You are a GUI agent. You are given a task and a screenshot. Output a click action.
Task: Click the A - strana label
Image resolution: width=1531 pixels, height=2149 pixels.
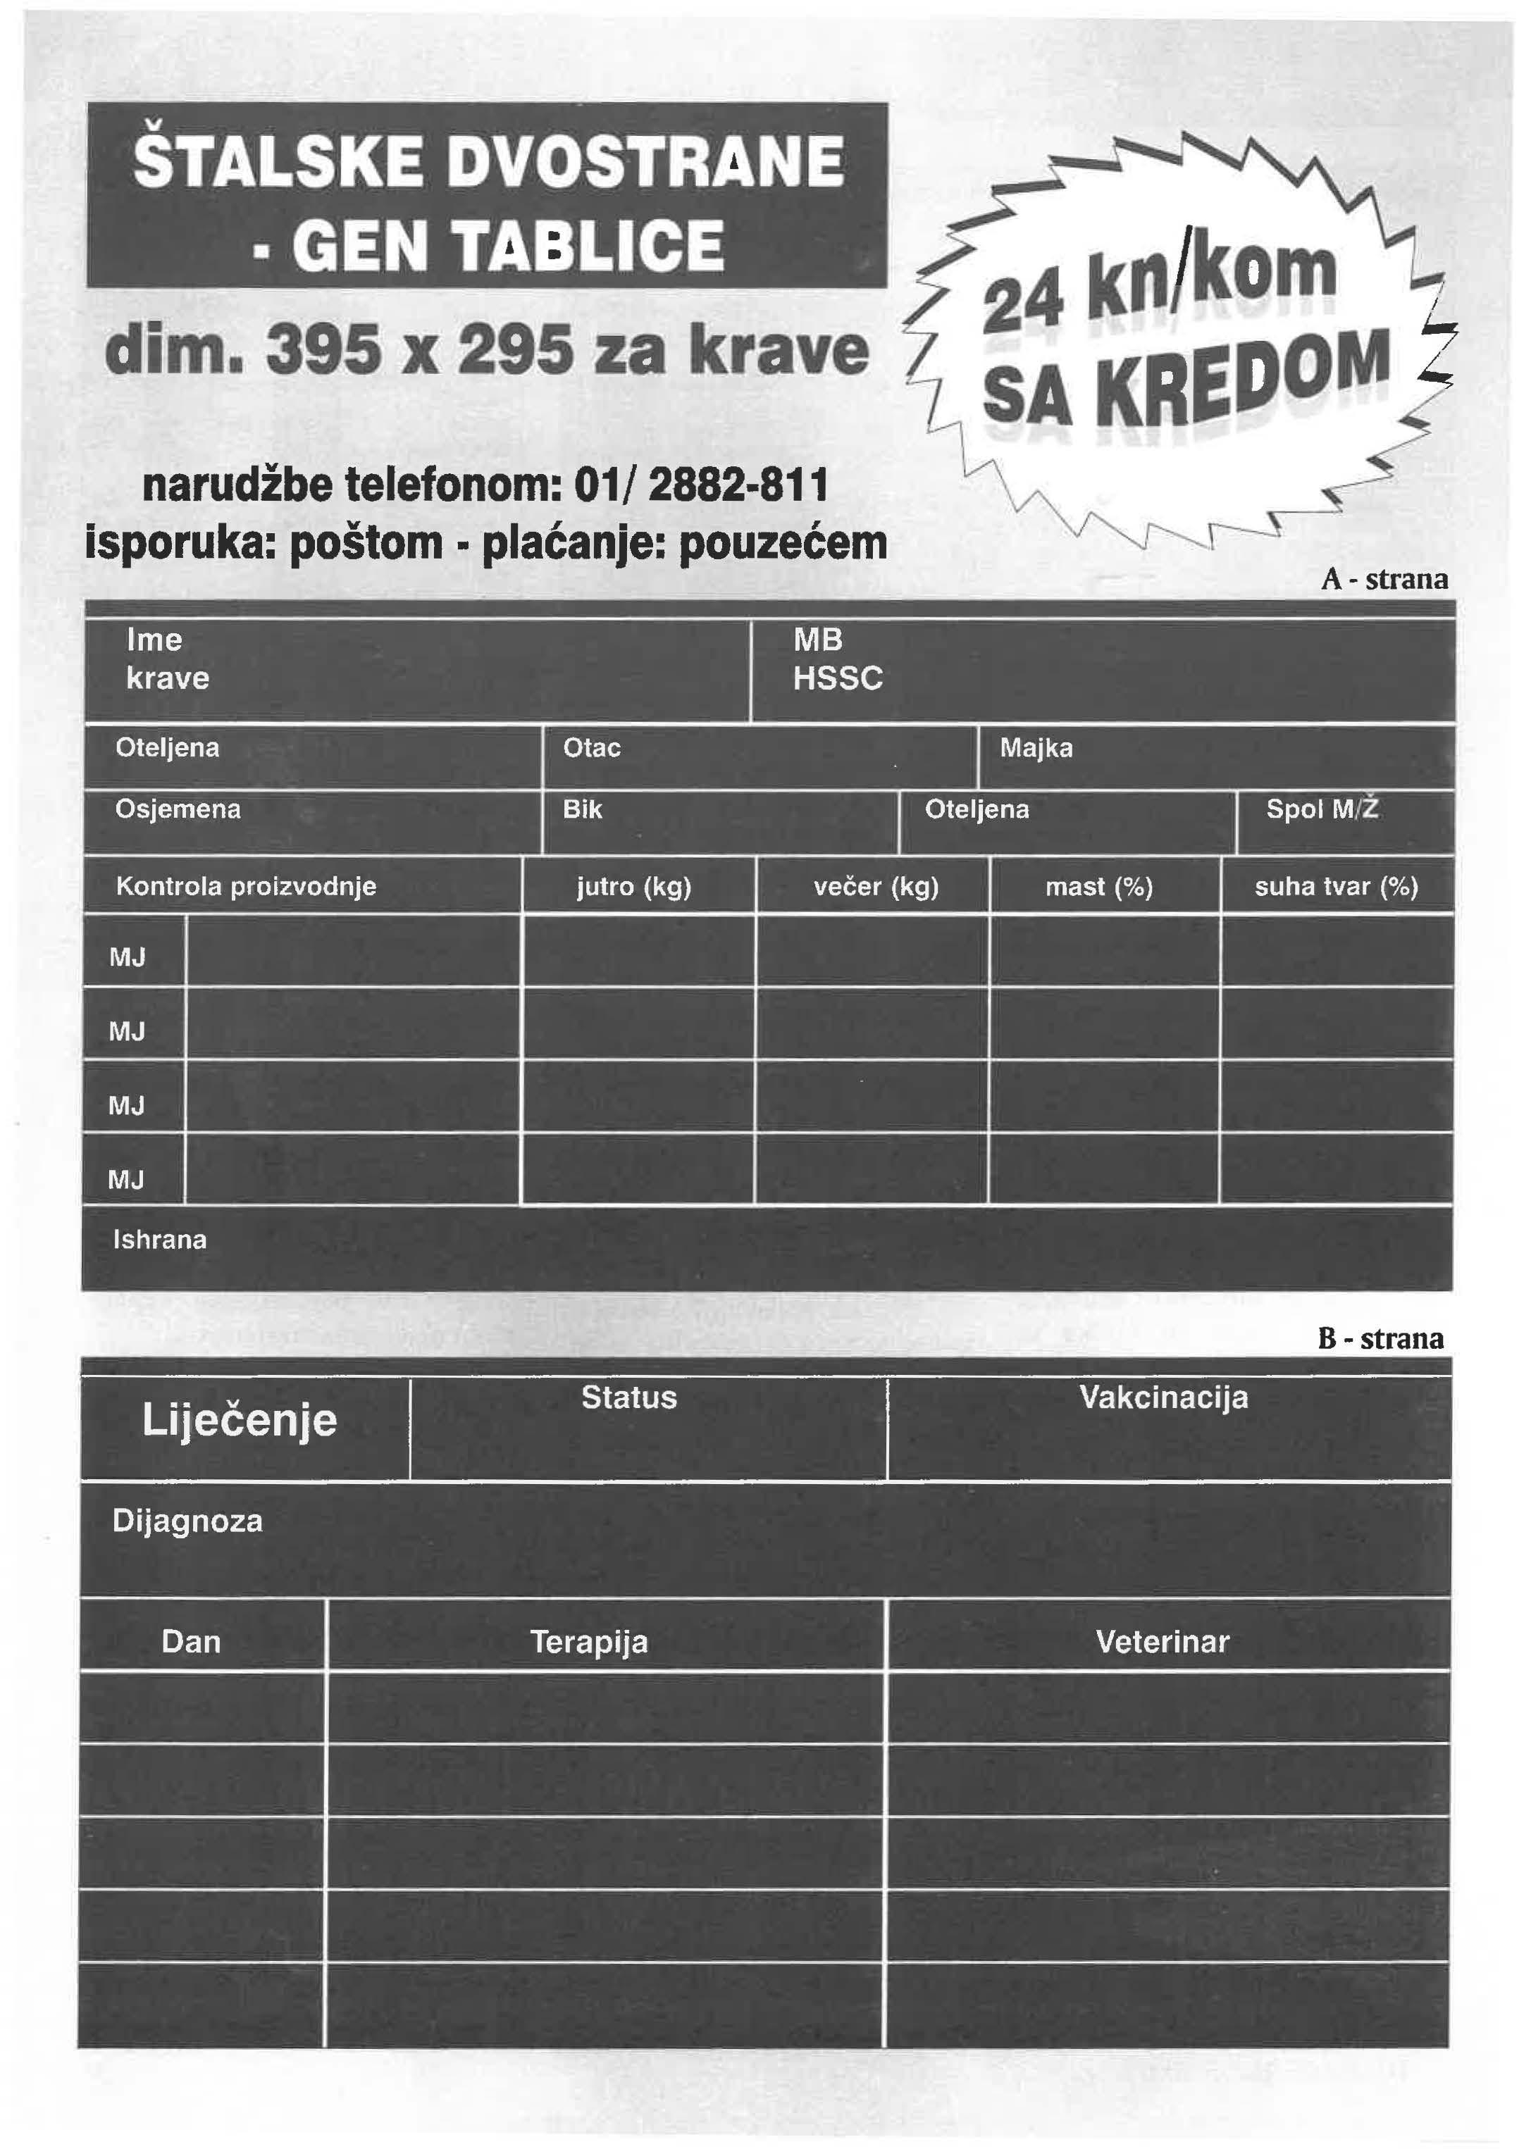coord(1384,579)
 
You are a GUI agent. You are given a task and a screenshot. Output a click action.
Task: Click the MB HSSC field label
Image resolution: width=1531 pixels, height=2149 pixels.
coord(837,659)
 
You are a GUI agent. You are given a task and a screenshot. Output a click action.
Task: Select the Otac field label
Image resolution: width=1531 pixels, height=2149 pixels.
coord(591,748)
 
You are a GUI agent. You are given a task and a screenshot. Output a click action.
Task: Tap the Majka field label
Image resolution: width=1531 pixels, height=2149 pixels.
coord(1036,748)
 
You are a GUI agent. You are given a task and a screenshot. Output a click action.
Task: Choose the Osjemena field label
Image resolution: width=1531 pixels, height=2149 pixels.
coord(178,809)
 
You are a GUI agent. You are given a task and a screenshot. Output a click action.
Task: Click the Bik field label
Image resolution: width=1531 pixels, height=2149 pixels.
coord(582,809)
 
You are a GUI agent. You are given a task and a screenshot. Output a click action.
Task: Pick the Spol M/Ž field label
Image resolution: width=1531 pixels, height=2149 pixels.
coord(1322,809)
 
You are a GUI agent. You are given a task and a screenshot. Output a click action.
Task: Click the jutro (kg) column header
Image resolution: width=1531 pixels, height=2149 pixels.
coord(635,887)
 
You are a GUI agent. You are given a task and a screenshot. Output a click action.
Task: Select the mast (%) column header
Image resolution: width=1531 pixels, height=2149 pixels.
coord(1099,887)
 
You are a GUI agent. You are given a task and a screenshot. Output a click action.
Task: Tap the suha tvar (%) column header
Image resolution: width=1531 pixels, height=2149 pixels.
coord(1336,887)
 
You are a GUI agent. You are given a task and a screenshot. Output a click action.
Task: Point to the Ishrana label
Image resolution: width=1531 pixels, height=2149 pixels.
coord(159,1240)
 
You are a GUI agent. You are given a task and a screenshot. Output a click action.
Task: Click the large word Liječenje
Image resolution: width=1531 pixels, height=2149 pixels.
coord(240,1419)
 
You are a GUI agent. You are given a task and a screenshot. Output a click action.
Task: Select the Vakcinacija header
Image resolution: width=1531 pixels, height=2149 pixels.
coord(1163,1397)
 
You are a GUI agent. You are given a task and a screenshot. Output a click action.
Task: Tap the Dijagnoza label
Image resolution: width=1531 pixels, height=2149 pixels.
coord(187,1520)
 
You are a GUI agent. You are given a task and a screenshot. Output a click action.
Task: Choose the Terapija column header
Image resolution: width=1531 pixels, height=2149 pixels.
coord(589,1642)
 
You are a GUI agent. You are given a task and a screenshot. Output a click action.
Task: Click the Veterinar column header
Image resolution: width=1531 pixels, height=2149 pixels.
coord(1163,1642)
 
